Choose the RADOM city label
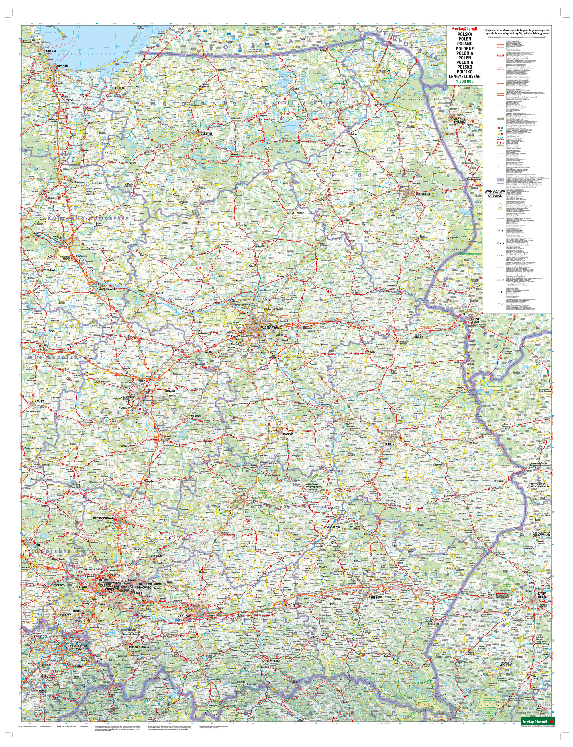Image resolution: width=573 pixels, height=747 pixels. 288,434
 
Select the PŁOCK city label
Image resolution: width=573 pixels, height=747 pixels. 159,293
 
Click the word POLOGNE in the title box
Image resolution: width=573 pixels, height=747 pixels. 464,48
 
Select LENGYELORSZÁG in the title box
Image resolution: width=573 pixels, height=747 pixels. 464,77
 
